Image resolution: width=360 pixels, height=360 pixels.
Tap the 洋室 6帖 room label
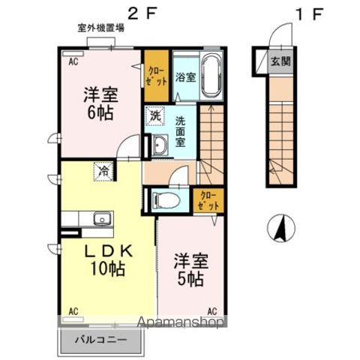[x=99, y=104]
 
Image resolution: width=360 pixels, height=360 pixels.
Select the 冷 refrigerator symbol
[x=102, y=170]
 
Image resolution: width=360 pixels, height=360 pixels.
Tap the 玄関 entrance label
[x=281, y=61]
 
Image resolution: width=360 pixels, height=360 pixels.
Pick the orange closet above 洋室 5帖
[x=207, y=199]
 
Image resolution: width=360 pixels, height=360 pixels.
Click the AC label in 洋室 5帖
[x=211, y=310]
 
